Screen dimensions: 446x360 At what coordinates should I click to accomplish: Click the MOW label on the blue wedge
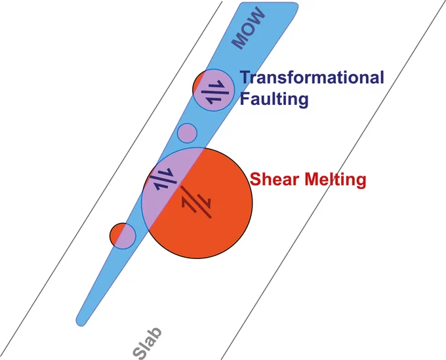pos(249,28)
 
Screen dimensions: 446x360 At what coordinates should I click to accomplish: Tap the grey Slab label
pos(148,343)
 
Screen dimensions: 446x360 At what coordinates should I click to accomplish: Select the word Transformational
pos(312,77)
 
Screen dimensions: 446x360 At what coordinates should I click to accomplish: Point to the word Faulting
pos(274,99)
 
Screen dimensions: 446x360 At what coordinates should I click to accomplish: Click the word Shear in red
pos(274,179)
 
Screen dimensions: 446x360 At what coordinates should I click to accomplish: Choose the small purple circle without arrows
pos(187,133)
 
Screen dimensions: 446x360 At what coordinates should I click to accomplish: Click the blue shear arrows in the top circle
pos(215,92)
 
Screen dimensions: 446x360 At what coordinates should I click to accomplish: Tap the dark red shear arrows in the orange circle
pos(196,202)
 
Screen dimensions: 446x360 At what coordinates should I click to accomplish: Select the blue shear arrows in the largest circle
pos(163,179)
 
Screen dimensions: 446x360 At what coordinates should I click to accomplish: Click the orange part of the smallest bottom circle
pos(116,233)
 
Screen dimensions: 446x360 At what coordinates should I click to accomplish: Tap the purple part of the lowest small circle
pos(127,237)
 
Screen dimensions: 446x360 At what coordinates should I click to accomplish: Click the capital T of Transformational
pos(246,77)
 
